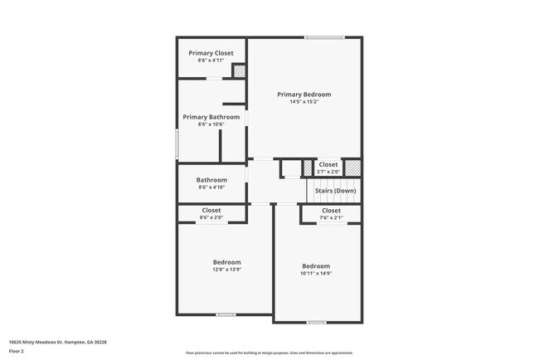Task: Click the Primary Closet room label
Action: coord(211,53)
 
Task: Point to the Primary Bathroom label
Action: coord(211,117)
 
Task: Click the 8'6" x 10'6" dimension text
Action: coord(211,124)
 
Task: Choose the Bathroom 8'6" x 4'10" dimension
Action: coord(211,187)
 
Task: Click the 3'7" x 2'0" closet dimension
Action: coord(328,172)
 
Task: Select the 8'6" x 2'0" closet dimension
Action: coord(211,217)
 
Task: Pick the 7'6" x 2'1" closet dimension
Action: coord(331,218)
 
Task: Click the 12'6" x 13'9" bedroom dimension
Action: coord(227,269)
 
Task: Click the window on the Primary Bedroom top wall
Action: coord(323,37)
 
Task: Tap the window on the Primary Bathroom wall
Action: coord(177,144)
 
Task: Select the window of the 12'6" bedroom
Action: coord(226,314)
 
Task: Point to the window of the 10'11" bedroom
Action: coord(316,322)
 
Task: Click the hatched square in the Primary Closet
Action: coord(239,72)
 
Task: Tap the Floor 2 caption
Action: coord(17,352)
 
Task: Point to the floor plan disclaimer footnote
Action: coord(269,353)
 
